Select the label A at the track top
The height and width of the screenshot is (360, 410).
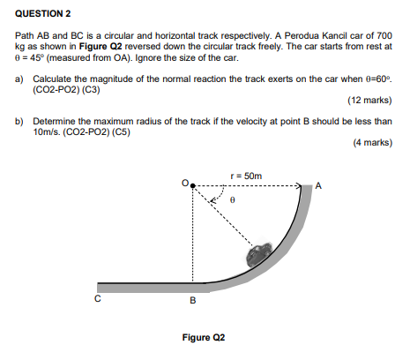tap(318, 186)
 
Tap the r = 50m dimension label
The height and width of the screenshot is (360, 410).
tap(245, 176)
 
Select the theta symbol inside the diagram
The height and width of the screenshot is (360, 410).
tap(233, 200)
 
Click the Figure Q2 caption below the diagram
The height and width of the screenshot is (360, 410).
tap(204, 338)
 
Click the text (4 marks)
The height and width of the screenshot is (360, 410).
tap(372, 142)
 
